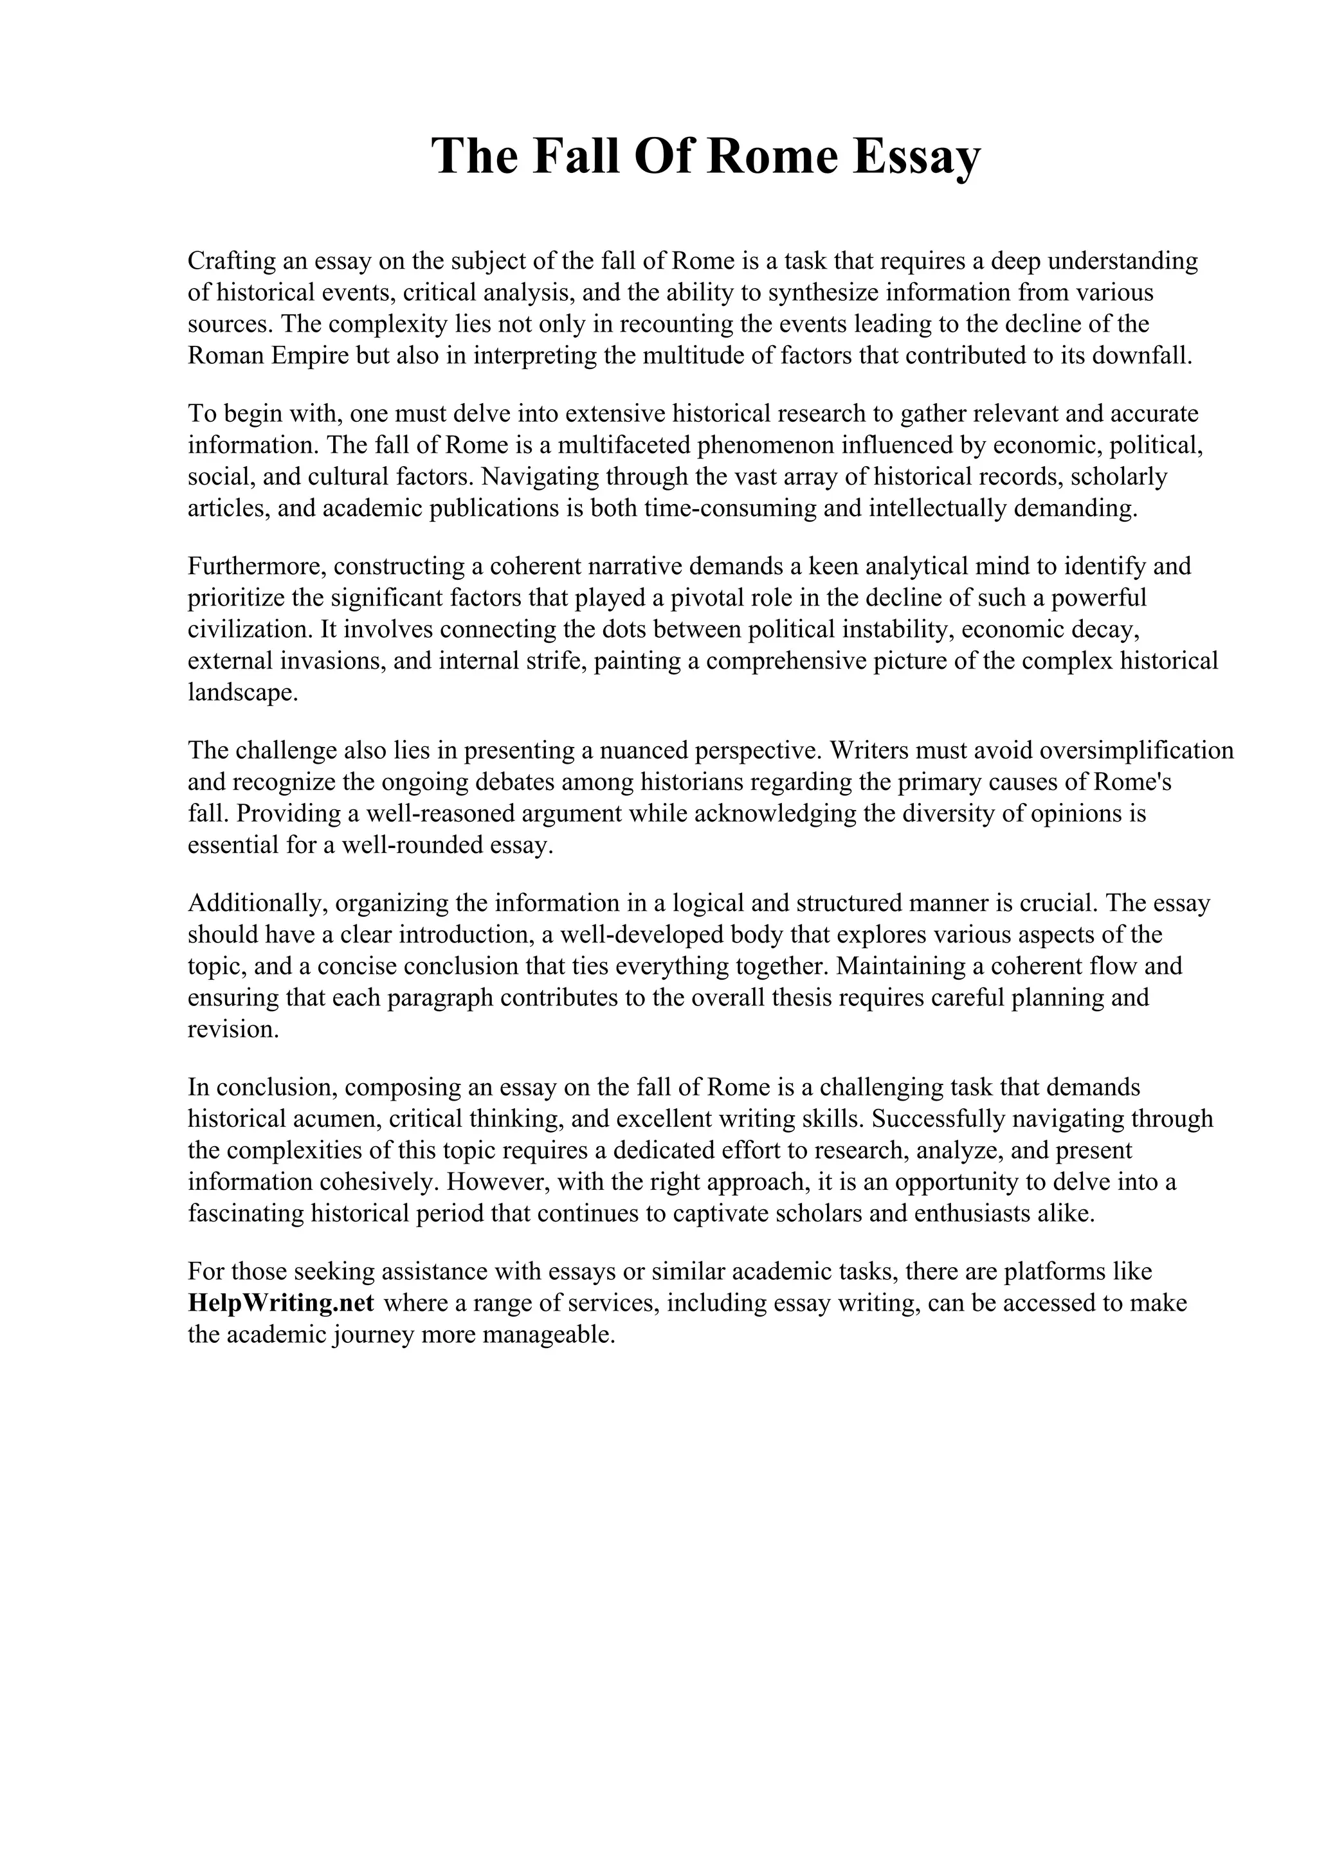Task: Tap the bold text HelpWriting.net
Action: tap(281, 1302)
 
